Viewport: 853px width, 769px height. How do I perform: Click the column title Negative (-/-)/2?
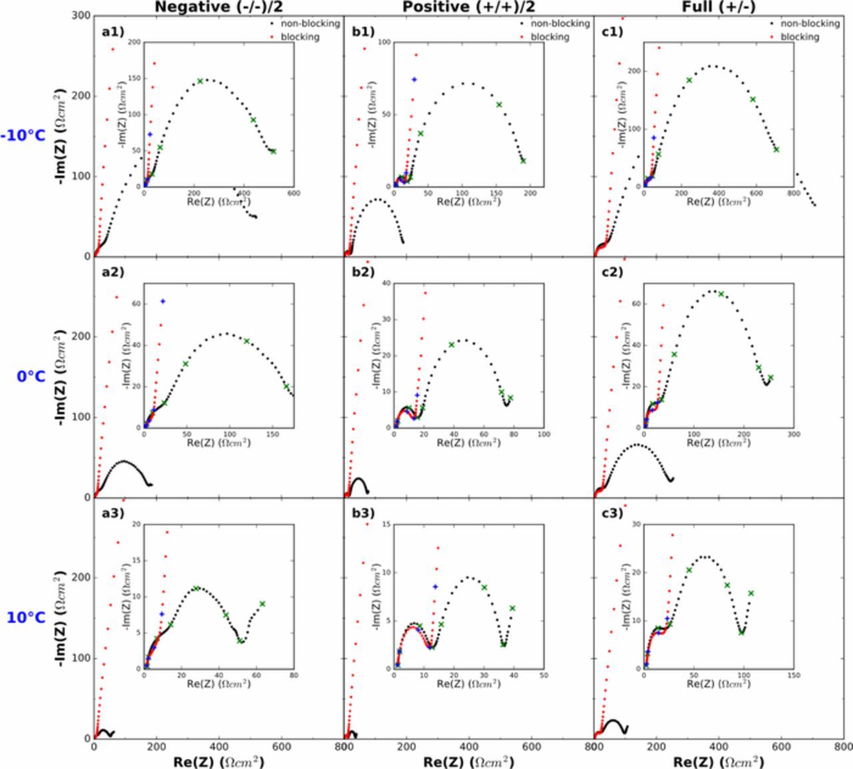point(217,7)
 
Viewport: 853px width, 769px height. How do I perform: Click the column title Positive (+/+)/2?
point(468,7)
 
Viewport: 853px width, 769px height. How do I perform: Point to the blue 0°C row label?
point(31,377)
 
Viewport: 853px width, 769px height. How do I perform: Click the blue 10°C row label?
point(27,618)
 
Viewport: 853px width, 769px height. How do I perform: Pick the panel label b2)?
point(363,272)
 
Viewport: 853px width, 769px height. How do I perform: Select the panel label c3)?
point(612,513)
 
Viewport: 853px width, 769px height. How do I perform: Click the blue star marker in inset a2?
point(163,301)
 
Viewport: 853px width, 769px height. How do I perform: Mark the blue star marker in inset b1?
point(414,79)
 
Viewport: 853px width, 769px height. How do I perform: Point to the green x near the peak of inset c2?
point(721,294)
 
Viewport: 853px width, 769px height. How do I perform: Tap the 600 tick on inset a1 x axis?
point(293,194)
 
